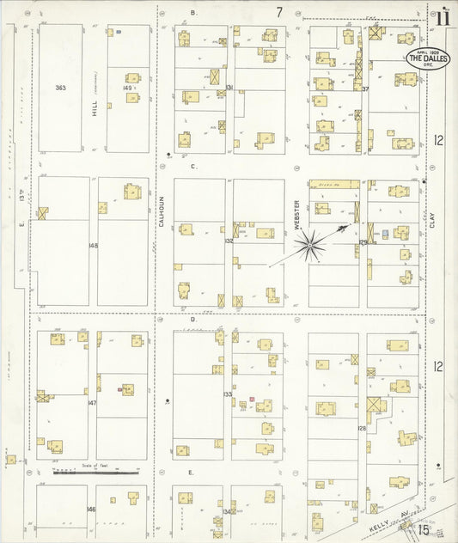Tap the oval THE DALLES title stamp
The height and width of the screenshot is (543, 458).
click(x=427, y=59)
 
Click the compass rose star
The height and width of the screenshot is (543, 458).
click(x=309, y=246)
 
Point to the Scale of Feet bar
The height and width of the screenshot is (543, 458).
click(x=95, y=472)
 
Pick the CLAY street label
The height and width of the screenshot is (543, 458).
click(x=432, y=221)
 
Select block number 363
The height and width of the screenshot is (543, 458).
click(x=59, y=88)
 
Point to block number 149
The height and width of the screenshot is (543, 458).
click(x=127, y=88)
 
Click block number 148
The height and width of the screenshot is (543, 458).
click(x=93, y=246)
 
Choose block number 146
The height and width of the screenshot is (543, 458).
click(x=91, y=509)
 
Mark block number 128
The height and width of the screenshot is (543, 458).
click(x=363, y=427)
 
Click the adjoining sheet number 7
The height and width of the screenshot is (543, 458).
click(x=279, y=12)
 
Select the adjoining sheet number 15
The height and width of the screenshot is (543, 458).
click(x=424, y=530)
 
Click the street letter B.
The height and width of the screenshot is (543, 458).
click(x=193, y=13)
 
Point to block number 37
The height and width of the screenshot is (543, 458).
click(x=365, y=88)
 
